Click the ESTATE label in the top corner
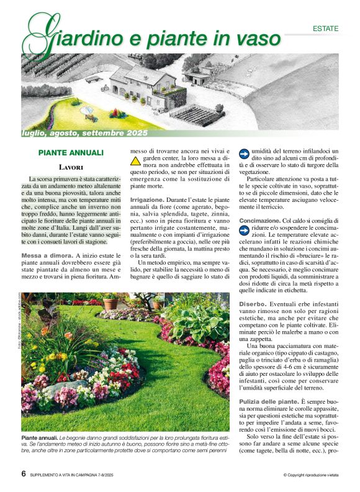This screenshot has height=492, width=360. pos(326,29)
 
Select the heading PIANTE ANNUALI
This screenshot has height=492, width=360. pos(71,152)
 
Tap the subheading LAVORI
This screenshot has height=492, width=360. pos(71,167)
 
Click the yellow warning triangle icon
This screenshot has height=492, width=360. pos(136,161)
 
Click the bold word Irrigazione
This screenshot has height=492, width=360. pos(146,200)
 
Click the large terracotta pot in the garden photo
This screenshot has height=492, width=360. pos(111,303)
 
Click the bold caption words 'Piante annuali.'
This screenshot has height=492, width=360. pos(40,439)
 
